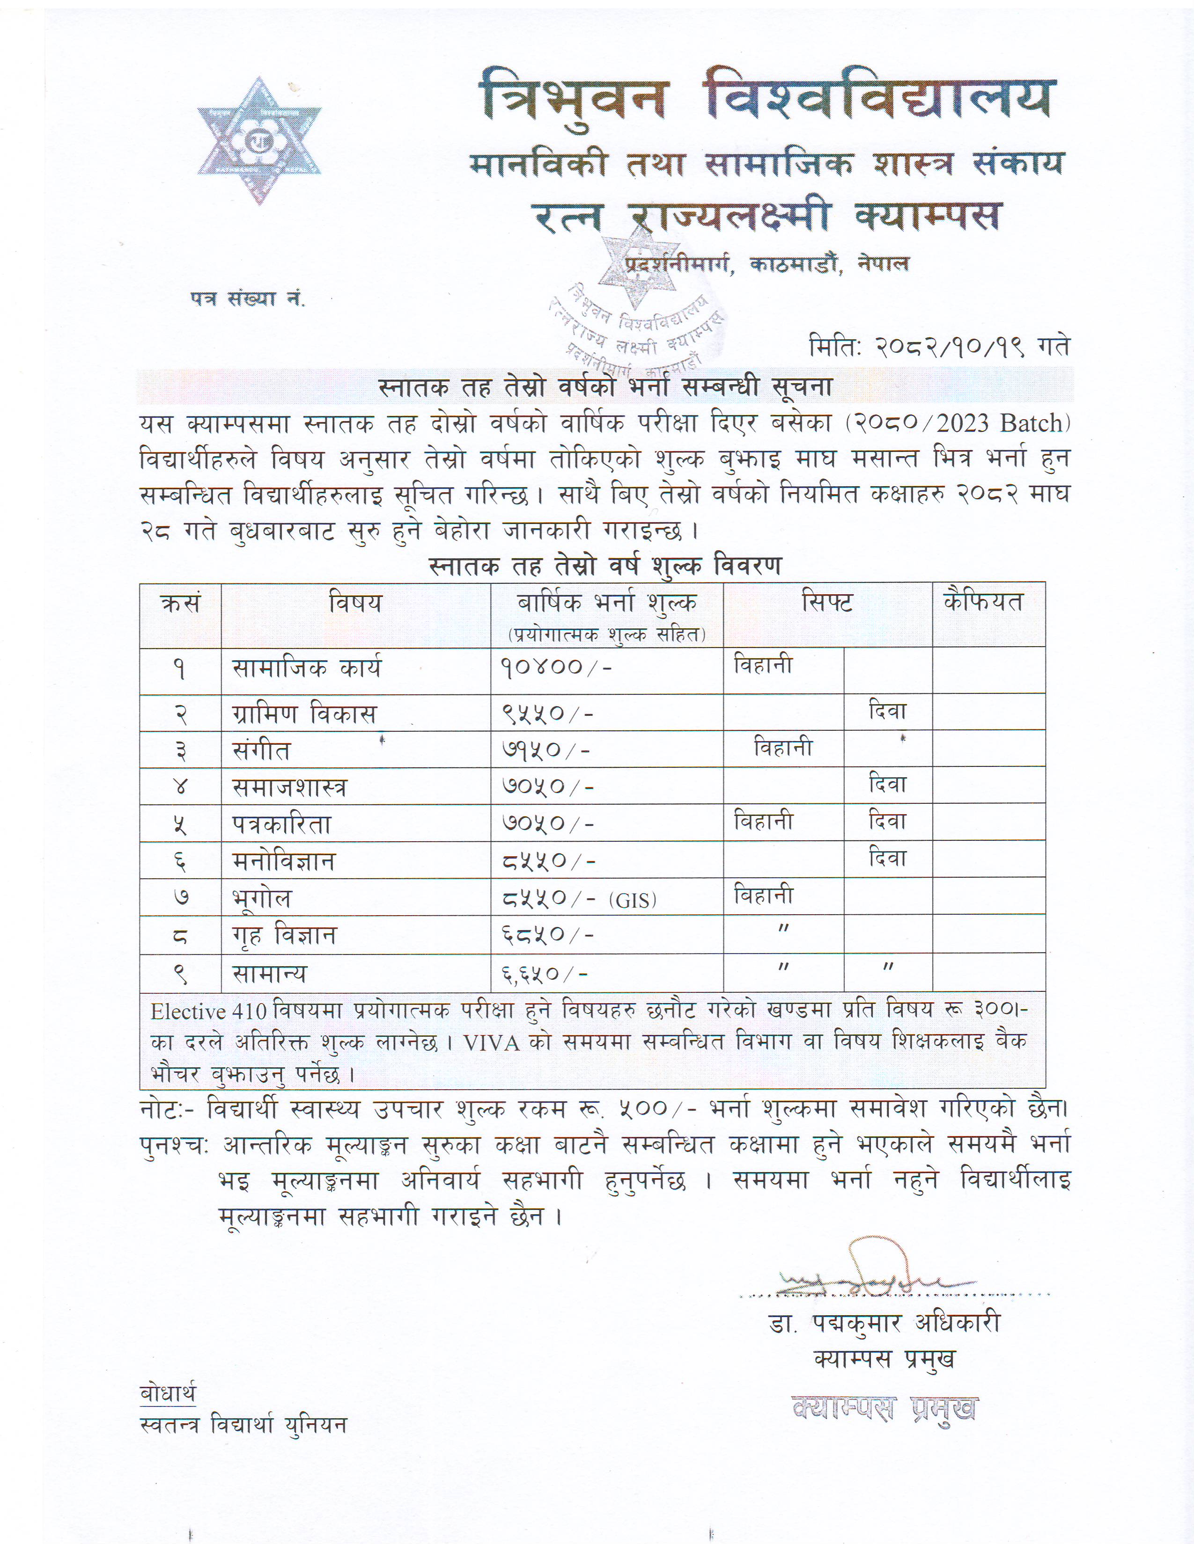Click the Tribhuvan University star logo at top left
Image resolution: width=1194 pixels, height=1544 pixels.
tap(259, 141)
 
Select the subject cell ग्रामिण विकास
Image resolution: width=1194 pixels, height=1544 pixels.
tap(304, 714)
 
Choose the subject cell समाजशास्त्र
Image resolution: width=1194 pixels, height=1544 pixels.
tap(289, 787)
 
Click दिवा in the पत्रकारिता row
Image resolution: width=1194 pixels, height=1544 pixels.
tap(887, 822)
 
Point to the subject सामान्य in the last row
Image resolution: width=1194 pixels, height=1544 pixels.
tap(270, 974)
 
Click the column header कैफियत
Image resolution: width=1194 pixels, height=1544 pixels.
tap(984, 602)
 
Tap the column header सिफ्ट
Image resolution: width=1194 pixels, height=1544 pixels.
tap(827, 602)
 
